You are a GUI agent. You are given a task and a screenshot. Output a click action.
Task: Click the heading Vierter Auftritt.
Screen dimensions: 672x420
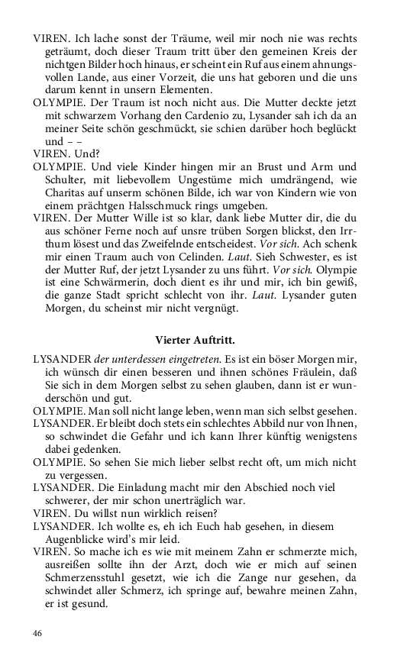(195, 339)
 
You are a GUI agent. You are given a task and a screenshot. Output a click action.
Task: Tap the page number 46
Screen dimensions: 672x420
(38, 633)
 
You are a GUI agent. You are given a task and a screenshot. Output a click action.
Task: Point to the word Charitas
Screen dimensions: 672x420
(67, 192)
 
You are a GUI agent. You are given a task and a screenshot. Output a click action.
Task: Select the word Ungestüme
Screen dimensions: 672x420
(199, 179)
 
